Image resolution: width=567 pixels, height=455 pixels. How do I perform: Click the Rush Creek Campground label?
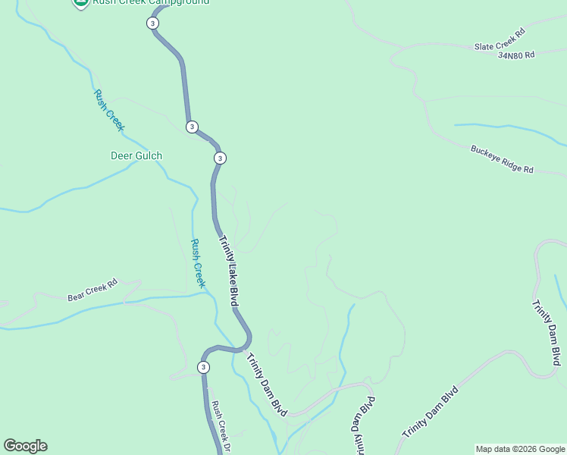tap(151, 2)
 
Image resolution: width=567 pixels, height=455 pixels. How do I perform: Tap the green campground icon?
tap(80, 2)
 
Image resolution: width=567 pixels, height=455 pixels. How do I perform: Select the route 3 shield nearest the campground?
tap(154, 24)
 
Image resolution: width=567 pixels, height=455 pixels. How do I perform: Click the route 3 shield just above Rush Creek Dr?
tap(203, 368)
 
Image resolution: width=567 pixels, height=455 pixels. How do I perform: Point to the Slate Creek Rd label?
tap(500, 40)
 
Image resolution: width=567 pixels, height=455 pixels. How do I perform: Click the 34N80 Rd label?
tap(516, 55)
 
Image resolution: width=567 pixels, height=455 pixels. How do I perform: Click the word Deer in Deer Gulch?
tap(121, 156)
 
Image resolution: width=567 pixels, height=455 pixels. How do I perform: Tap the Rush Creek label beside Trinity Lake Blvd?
tap(197, 263)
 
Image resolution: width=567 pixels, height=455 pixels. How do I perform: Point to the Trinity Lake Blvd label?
tap(230, 271)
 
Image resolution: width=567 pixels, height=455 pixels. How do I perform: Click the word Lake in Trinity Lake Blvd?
tap(230, 271)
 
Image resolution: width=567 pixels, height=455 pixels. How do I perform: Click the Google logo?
tap(25, 446)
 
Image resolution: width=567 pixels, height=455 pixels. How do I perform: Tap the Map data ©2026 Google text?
tap(520, 449)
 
